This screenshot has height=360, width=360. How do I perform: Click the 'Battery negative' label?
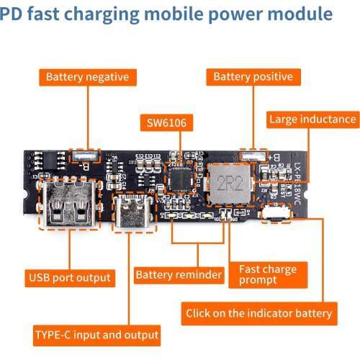click(x=87, y=77)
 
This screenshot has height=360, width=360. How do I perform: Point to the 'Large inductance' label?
click(x=312, y=120)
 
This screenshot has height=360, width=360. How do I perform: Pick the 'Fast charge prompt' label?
click(x=267, y=275)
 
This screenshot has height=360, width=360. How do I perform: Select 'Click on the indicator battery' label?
click(x=259, y=313)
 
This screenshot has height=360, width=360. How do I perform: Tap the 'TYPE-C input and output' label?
click(x=96, y=335)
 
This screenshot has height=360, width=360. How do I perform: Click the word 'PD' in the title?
click(x=12, y=14)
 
